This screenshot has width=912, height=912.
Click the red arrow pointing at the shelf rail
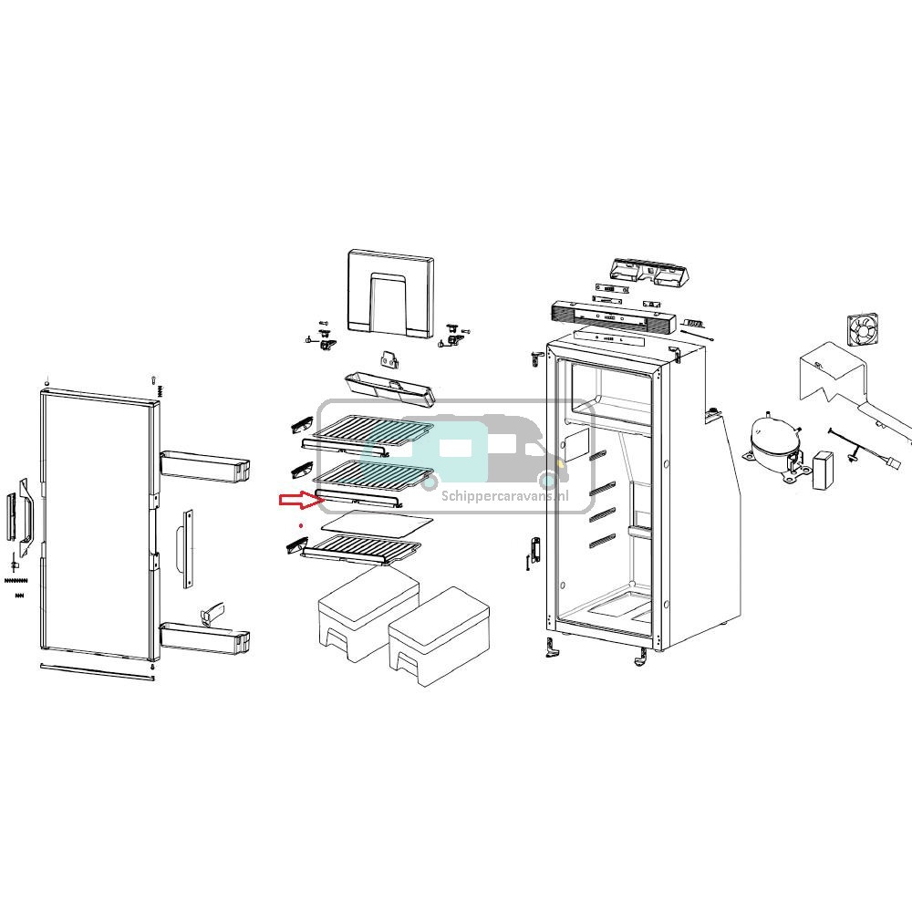pos(295,499)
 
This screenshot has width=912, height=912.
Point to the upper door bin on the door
pos(204,464)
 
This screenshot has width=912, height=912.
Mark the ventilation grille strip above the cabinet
pos(611,314)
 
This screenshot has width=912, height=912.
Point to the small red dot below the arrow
pos(301,527)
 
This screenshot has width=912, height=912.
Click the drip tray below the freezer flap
pos(390,387)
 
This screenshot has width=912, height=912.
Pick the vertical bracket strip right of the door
pos(188,546)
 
